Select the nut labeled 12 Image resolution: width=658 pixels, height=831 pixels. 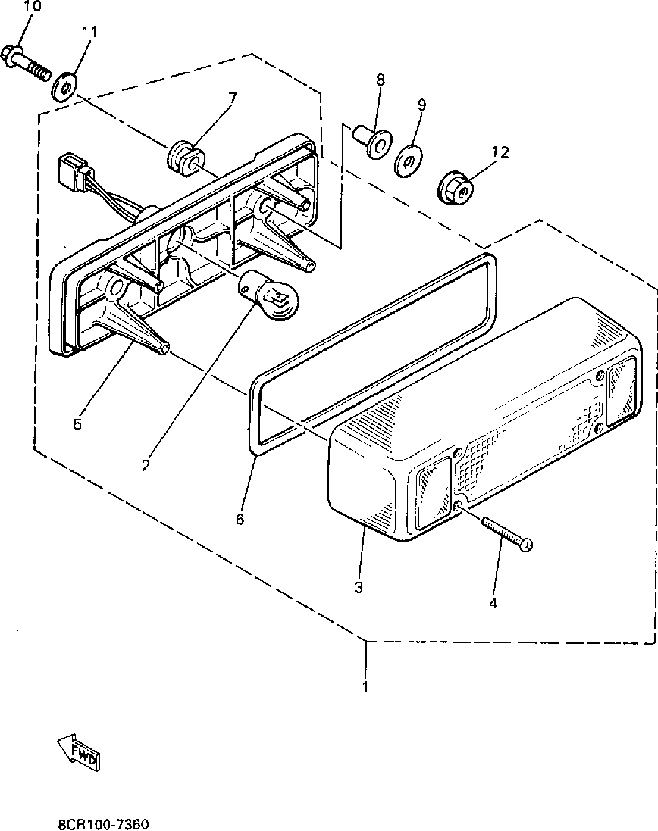point(456,187)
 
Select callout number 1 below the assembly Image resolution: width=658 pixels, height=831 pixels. point(365,688)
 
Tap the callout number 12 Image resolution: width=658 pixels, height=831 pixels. point(500,152)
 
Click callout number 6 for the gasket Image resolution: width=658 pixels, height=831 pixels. point(240,519)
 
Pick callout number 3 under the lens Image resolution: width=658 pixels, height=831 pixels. point(358,587)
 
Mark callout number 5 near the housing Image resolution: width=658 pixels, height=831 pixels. point(77,424)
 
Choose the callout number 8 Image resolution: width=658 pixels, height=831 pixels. point(380,80)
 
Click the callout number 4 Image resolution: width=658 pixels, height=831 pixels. point(493,604)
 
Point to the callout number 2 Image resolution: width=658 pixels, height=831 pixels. point(146,464)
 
